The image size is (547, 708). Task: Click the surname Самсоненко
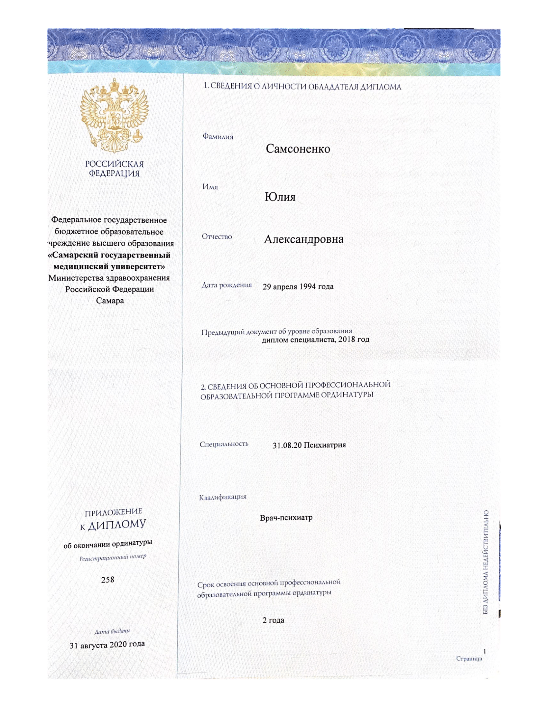point(298,149)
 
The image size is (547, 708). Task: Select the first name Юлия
point(280,197)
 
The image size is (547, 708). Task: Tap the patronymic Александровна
point(304,239)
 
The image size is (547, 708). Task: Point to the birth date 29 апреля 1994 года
point(298,286)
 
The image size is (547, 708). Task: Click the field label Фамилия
point(218,137)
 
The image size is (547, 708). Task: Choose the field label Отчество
point(217,237)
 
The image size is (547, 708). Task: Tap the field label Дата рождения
point(227,285)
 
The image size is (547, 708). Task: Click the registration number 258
point(107,579)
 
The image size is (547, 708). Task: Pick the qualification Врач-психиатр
point(286,518)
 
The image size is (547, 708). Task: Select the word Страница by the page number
point(469,658)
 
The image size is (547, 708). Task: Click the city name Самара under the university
point(110,301)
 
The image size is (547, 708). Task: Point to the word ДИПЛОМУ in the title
point(117,526)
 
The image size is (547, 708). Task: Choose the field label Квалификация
point(223,497)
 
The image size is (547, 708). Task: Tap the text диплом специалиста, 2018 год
point(316,340)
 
